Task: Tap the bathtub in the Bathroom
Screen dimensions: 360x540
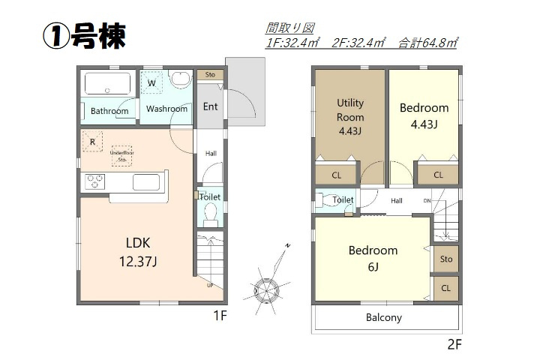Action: [108, 83]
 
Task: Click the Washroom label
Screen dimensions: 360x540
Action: [166, 109]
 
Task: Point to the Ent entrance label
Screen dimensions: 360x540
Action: [211, 106]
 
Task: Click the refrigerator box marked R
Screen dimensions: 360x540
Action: [91, 141]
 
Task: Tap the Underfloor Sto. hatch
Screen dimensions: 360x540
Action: [121, 156]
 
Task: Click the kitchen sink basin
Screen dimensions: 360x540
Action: [145, 182]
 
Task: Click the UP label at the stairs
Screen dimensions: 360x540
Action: [211, 286]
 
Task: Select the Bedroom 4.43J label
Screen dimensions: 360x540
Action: [424, 115]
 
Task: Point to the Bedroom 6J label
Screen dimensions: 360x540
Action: [373, 257]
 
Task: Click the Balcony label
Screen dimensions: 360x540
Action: [383, 317]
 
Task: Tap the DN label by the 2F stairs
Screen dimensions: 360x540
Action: [427, 201]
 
